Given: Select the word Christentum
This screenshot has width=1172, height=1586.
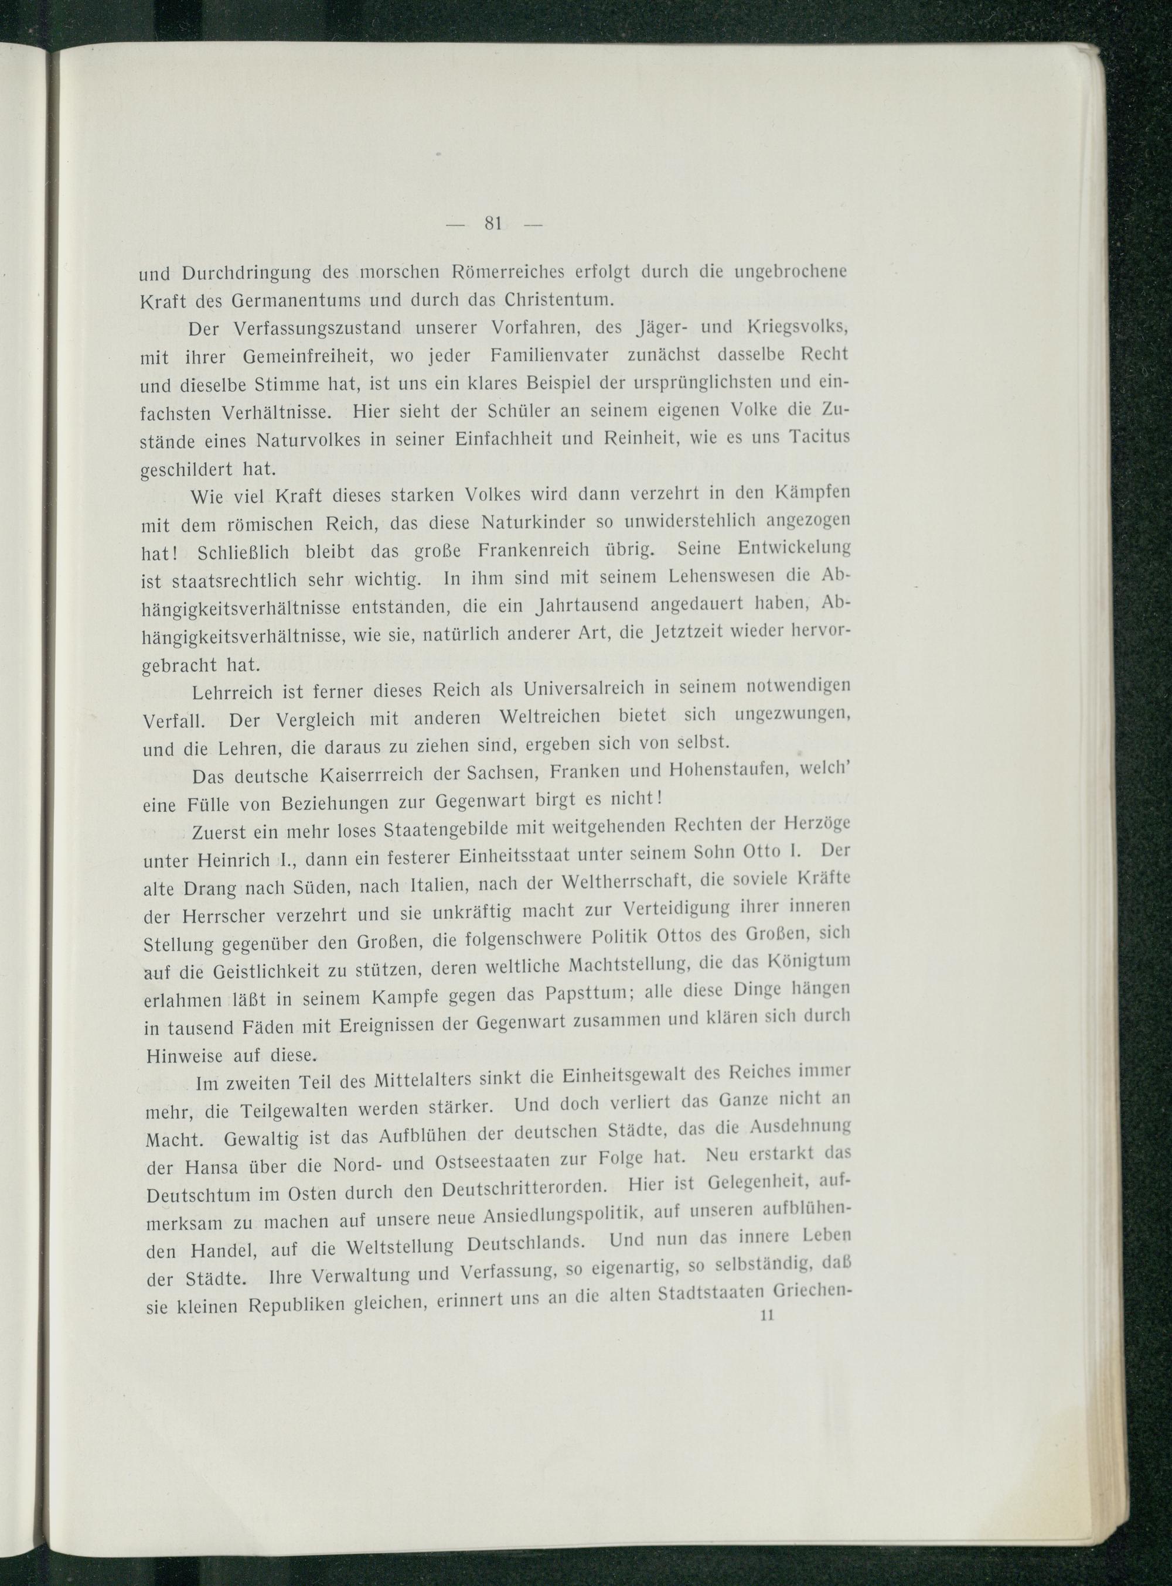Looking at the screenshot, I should pyautogui.click(x=558, y=299).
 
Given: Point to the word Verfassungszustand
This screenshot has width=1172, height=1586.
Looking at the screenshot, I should pyautogui.click(x=314, y=327).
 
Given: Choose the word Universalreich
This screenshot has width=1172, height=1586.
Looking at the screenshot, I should pyautogui.click(x=584, y=688).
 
